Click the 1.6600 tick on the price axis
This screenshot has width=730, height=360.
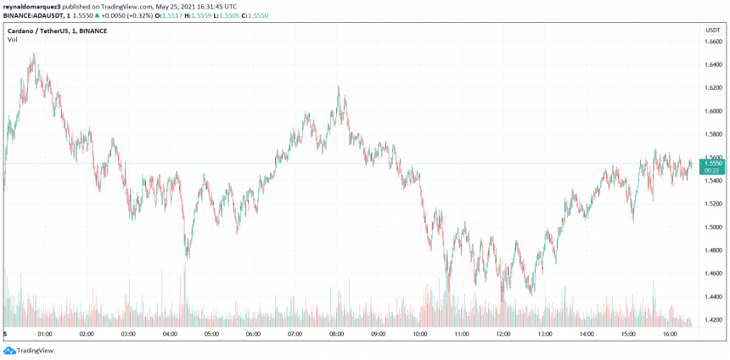[713, 41]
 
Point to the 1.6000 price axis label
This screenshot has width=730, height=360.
[713, 111]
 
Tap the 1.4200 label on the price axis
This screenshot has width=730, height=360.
[713, 320]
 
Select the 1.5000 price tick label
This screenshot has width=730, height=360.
[713, 228]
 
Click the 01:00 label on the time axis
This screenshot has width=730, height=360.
[46, 335]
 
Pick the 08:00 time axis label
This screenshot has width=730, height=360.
[336, 335]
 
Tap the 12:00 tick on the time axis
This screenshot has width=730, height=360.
[503, 335]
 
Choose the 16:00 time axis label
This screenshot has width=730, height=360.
[669, 335]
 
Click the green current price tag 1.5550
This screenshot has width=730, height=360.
[713, 165]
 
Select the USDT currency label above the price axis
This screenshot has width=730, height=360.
[712, 30]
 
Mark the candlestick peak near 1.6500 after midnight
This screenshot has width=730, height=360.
[33, 55]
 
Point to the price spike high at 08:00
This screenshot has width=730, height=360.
[339, 87]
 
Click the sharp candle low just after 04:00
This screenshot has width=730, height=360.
[187, 256]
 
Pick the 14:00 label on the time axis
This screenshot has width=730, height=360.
[586, 335]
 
